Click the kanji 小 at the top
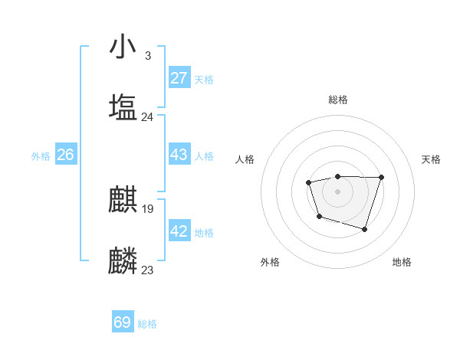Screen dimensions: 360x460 pos(123,47)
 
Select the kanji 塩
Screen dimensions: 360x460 pos(123,106)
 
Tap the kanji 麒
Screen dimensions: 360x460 pos(123,200)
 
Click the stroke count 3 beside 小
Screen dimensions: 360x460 pos(147,56)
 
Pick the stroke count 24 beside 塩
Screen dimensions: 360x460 pos(147,117)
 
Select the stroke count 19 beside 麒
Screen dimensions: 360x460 pos(147,208)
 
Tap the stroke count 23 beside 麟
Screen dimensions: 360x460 pos(147,270)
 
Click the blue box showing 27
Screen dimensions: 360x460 pos(179,78)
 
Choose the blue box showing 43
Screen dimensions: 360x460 pos(179,155)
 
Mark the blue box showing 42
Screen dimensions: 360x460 pos(179,231)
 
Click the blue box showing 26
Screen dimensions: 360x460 pos(65,155)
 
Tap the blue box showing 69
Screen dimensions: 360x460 pos(123,322)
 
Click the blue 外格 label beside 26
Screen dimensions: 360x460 pos(41,156)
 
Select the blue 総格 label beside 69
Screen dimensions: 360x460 pos(147,324)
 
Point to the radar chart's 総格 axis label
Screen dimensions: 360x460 pos(338,100)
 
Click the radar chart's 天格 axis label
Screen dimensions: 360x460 pos(432,159)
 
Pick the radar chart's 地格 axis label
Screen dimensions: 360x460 pos(402,262)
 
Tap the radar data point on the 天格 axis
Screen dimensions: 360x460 pos(381,177)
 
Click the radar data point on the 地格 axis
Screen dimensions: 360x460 pos(365,229)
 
